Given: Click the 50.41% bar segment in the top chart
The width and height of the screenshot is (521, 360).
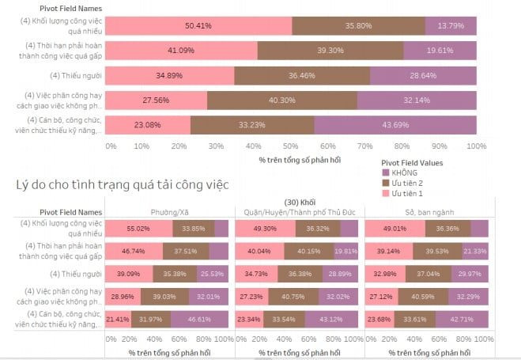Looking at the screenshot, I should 198,25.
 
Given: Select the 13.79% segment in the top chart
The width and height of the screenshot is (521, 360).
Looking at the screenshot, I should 451,25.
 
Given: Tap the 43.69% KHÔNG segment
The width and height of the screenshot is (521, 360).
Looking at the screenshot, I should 395,125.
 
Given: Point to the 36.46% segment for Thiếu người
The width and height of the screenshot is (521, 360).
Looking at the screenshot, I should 302,75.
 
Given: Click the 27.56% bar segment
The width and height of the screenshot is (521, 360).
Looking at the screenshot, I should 156,100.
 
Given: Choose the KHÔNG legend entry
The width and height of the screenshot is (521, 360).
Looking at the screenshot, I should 404,172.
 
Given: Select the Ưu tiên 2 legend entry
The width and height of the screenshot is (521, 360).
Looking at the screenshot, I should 406,183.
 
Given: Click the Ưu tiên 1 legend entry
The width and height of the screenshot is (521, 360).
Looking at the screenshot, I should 406,194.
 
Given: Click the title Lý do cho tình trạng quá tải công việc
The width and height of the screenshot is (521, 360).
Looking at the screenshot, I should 123,185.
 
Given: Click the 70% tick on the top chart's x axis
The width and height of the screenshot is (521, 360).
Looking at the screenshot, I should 365,146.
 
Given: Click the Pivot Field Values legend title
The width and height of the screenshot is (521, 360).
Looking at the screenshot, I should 411,161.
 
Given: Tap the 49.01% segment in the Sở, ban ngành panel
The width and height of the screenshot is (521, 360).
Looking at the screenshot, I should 395,229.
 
